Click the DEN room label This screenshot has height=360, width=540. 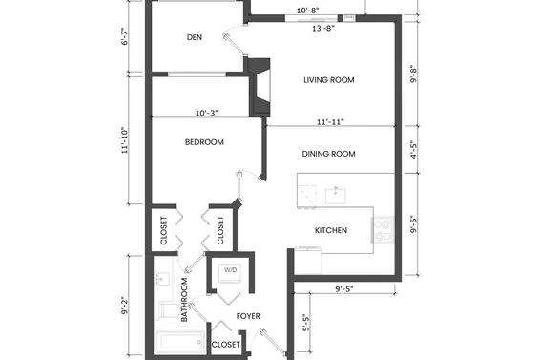tap(195, 38)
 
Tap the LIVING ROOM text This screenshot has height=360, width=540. tap(329, 80)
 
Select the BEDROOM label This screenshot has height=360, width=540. tap(204, 142)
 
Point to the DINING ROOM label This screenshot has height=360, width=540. tap(328, 154)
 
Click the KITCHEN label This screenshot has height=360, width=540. tap(330, 231)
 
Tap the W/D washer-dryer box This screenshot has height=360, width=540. tap(231, 271)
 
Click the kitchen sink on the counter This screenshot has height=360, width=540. tap(335, 195)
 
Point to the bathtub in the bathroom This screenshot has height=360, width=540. tap(178, 341)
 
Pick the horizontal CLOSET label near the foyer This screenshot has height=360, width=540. tap(225, 344)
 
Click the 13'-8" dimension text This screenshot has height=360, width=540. tap(325, 29)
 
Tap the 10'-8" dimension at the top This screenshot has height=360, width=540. tap(307, 11)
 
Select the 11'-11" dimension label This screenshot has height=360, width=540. tap(329, 122)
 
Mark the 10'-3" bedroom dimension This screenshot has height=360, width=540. tap(206, 114)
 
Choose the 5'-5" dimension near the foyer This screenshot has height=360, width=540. tap(304, 325)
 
